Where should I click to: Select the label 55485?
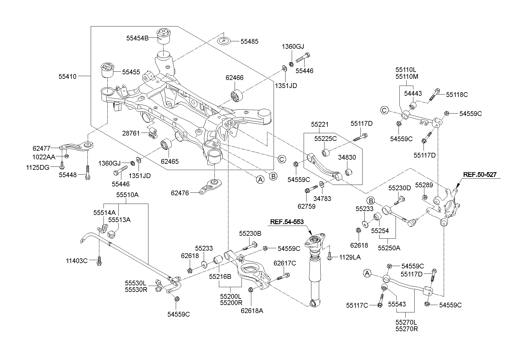point(249,42)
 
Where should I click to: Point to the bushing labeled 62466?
point(237,95)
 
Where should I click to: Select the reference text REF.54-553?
point(287,222)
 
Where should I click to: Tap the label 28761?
point(131,133)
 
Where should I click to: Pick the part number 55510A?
point(127,195)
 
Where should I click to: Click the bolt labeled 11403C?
point(99,261)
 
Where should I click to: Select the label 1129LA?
point(350,257)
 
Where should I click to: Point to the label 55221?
point(320,125)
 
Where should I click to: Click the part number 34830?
point(347,157)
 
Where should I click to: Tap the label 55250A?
point(389,248)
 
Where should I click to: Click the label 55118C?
point(457,95)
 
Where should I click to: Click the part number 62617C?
point(285,263)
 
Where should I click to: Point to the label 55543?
point(397,304)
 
